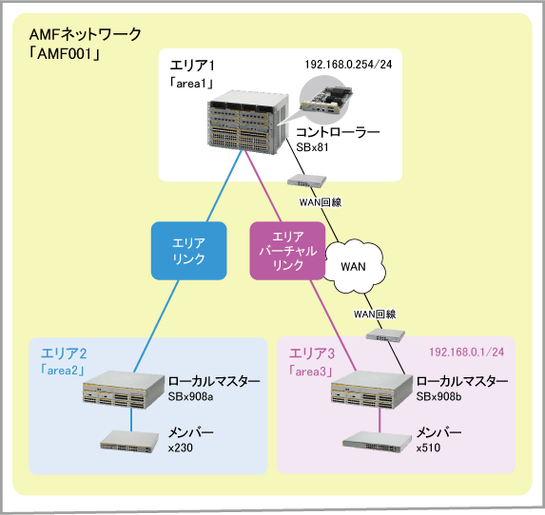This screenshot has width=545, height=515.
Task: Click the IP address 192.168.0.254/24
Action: [x=348, y=65]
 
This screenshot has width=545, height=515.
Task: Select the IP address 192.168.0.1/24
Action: [x=466, y=353]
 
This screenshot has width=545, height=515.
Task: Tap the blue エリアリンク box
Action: [x=188, y=251]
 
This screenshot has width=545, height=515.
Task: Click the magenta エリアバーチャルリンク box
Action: [x=287, y=251]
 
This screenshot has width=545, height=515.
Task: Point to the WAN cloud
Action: [x=355, y=266]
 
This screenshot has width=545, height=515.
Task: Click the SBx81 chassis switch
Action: [x=248, y=123]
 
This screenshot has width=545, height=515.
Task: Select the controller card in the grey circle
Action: [x=326, y=100]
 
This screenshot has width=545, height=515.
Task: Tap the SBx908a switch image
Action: [x=124, y=390]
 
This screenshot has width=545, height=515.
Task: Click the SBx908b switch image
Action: [x=372, y=390]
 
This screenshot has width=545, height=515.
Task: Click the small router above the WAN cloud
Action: [x=306, y=181]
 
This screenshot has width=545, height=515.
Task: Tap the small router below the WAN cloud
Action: [x=385, y=335]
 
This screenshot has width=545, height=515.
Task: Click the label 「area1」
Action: [x=191, y=84]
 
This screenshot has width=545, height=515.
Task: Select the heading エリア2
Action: [x=64, y=353]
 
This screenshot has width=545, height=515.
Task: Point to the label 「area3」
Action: [x=311, y=372]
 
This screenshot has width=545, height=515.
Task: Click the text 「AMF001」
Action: [x=65, y=54]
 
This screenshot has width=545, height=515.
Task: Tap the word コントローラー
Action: [x=338, y=132]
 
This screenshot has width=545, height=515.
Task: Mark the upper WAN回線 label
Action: [x=321, y=202]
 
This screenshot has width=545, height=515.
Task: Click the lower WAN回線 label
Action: [x=375, y=315]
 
